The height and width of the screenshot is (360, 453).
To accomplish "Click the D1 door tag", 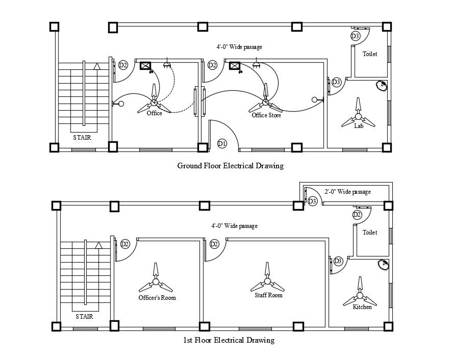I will click(x=222, y=144).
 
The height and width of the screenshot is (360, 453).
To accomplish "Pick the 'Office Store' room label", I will click(x=266, y=115).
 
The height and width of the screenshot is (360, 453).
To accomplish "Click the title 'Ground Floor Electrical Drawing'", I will click(x=230, y=166).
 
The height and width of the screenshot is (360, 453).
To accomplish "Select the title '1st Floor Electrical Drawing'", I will click(x=229, y=340).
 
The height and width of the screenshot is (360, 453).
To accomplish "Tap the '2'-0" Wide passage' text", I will click(x=347, y=192).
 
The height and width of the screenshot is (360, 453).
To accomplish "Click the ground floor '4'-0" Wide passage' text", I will click(x=239, y=47).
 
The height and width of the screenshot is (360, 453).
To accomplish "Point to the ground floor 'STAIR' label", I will click(x=82, y=137).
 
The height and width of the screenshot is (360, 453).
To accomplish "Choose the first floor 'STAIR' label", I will click(x=84, y=316).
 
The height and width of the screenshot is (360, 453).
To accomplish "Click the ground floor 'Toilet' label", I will click(x=370, y=54).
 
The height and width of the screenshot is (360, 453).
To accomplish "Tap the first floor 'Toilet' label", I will click(x=370, y=233).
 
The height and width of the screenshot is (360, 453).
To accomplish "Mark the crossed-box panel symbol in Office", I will click(x=145, y=66).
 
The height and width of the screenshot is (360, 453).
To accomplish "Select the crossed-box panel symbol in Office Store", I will click(x=235, y=66).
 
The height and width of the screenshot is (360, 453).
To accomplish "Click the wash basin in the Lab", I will click(x=381, y=86).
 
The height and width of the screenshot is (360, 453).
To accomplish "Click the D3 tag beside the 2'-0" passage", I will click(x=313, y=202).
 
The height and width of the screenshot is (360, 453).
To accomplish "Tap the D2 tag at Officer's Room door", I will click(x=125, y=244).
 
